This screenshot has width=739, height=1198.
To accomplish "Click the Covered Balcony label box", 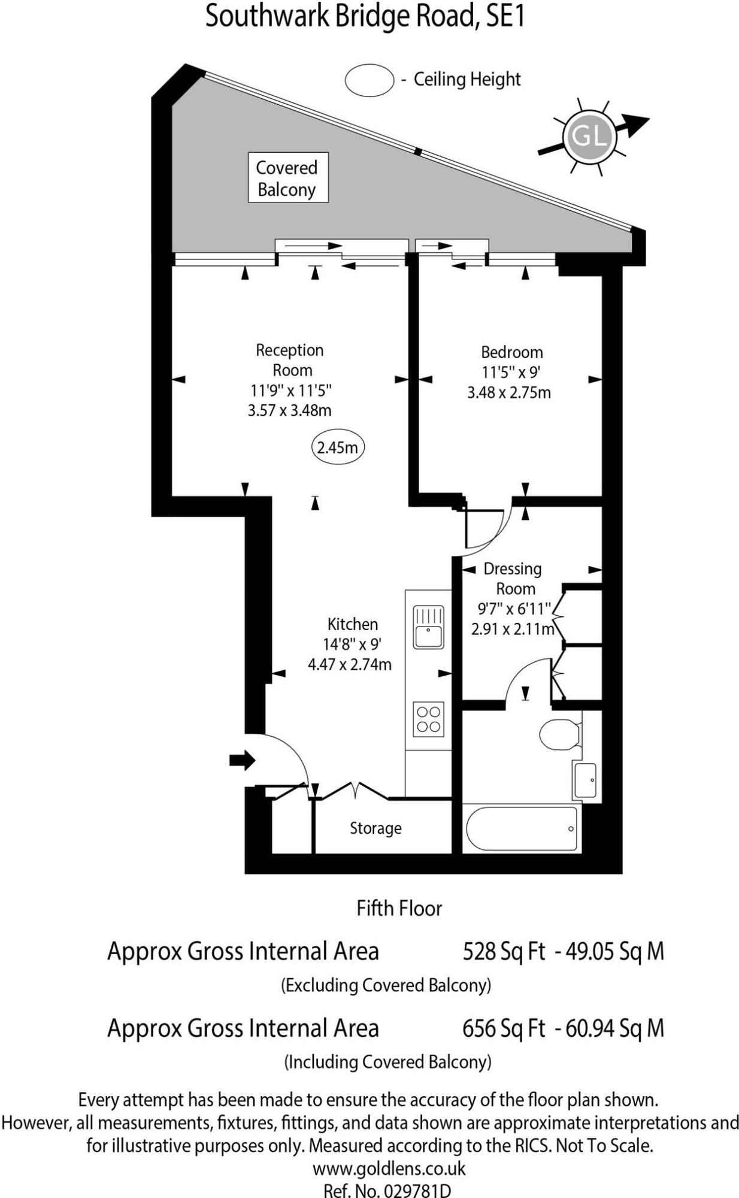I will click(x=288, y=178).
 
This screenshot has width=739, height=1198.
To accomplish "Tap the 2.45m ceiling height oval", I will click(x=338, y=447).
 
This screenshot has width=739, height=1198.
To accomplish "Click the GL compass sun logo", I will click(x=589, y=137).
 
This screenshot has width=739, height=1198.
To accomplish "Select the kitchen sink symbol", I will click(x=428, y=627).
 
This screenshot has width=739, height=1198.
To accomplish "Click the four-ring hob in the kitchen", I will click(x=428, y=719).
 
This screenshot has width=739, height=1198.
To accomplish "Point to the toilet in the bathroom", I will click(x=559, y=734).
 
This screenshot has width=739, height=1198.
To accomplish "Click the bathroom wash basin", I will click(x=585, y=780).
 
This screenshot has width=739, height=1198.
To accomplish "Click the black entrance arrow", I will click(x=242, y=761).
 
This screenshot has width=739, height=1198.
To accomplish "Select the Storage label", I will click(x=375, y=828).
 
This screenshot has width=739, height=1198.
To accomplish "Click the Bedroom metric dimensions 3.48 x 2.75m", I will click(x=508, y=393).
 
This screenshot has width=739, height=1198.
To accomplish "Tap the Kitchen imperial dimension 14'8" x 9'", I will click(x=352, y=645).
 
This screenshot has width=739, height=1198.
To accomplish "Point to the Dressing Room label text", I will click(x=513, y=578).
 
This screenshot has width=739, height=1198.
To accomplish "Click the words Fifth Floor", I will click(x=399, y=909).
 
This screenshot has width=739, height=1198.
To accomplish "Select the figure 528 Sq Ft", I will click(x=504, y=951).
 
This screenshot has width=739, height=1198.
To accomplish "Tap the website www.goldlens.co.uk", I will click(x=389, y=1169).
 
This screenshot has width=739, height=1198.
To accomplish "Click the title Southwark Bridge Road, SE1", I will click(x=365, y=16).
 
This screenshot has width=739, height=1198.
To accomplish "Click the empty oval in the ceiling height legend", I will click(x=369, y=80).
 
